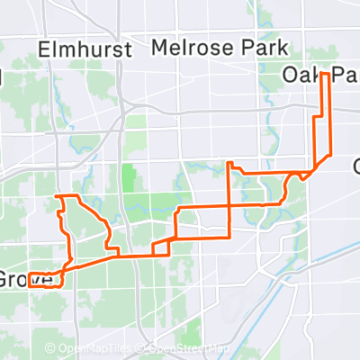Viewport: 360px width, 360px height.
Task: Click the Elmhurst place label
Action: coord(86,48)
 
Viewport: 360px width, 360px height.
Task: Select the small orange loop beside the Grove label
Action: coord(46,279)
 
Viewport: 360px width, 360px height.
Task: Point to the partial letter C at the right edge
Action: coord(355,166)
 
